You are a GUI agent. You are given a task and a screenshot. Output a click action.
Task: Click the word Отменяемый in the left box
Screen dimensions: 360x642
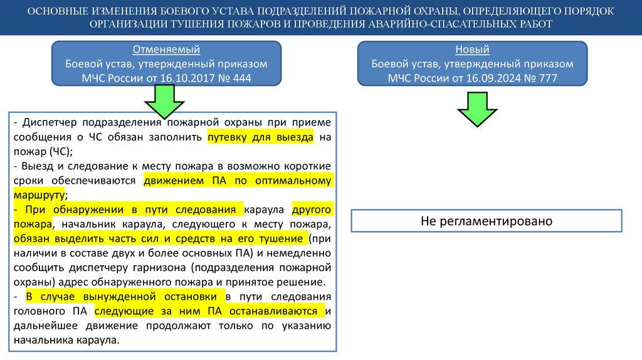167,50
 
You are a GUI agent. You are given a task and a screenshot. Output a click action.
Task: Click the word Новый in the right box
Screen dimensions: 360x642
473,50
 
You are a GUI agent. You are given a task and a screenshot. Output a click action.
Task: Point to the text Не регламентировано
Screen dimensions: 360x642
486,221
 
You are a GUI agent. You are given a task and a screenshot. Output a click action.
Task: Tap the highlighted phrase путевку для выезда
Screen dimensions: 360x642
260,137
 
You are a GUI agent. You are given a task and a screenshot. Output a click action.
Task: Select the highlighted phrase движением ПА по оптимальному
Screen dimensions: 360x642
237,181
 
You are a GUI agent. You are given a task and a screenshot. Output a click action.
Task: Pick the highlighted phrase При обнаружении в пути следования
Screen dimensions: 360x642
129,209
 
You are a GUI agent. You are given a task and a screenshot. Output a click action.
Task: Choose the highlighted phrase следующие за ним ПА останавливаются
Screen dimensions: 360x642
209,310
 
